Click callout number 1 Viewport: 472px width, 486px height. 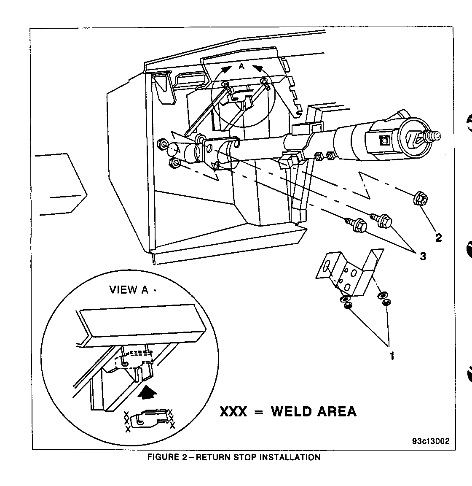tap(392, 356)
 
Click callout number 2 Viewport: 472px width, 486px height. tap(438, 238)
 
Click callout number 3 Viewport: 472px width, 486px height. tap(423, 256)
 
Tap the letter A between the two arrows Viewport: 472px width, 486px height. tap(241, 66)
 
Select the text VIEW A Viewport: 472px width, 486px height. tap(129, 290)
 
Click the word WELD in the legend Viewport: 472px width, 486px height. tap(295, 411)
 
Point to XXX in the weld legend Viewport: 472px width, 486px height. tap(233, 411)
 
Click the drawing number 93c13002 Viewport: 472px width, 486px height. tap(431, 441)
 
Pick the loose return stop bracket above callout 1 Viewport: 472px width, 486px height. tap(350, 272)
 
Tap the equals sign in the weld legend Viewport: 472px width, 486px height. tap(258, 411)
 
